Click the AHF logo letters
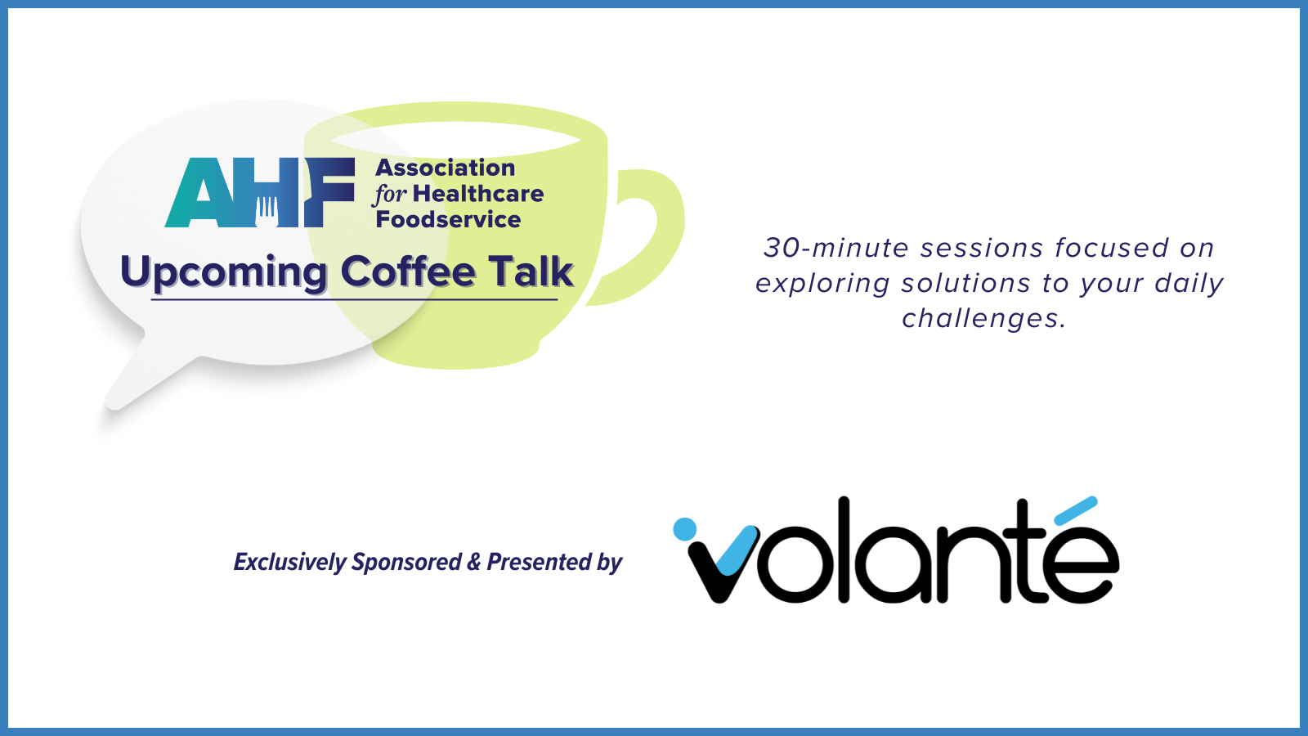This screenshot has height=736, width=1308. (260, 192)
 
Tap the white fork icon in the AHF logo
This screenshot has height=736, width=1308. (267, 211)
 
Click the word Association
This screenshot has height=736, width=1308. (445, 168)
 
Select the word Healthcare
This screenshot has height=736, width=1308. (478, 194)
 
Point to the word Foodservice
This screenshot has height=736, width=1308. (448, 220)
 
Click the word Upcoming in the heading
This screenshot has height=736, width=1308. (223, 273)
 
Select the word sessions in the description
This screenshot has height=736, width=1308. (982, 248)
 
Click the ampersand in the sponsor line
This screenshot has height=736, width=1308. (473, 561)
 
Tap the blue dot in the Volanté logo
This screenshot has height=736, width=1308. (684, 528)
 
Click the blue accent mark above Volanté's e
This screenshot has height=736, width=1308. (1076, 510)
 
